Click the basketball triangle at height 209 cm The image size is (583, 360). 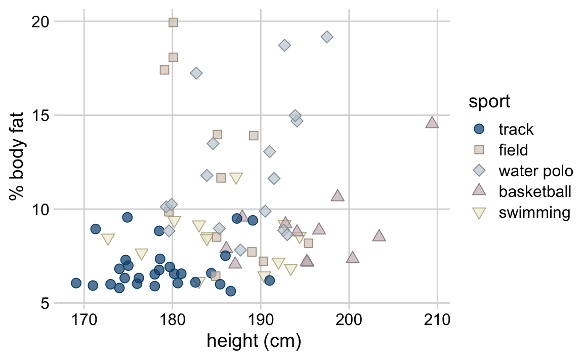(x=432, y=123)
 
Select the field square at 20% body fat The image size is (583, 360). (x=173, y=22)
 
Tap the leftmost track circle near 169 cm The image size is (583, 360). (x=76, y=283)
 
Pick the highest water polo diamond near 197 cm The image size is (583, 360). (x=327, y=36)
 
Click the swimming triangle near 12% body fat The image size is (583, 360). (x=236, y=178)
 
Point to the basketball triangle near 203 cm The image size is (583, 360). (x=379, y=236)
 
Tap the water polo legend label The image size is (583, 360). (x=535, y=171)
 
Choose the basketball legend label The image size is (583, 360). (x=534, y=191)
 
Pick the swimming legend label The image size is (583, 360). (x=534, y=212)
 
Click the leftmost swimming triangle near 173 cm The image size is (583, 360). (x=108, y=239)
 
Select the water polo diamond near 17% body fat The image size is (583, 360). (x=196, y=73)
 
